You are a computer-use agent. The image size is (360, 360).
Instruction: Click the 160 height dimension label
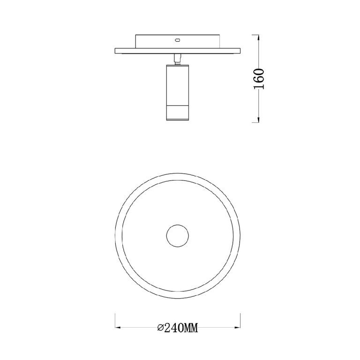(x=259, y=79)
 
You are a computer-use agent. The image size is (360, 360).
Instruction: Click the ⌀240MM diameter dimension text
(x=177, y=328)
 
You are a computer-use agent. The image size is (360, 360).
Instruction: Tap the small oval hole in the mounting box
(x=177, y=40)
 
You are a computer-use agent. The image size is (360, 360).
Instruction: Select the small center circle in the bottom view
(x=178, y=236)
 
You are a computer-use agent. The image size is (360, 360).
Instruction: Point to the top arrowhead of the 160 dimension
(x=259, y=38)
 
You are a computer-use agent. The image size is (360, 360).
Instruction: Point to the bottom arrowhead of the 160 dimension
(x=259, y=120)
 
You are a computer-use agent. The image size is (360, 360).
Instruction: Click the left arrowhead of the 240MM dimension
(x=118, y=327)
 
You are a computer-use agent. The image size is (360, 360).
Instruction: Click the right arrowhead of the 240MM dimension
(x=237, y=327)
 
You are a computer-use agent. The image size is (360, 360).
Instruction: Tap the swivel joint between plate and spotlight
(x=177, y=59)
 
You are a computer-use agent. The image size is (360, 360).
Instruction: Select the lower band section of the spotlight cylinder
(x=178, y=112)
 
